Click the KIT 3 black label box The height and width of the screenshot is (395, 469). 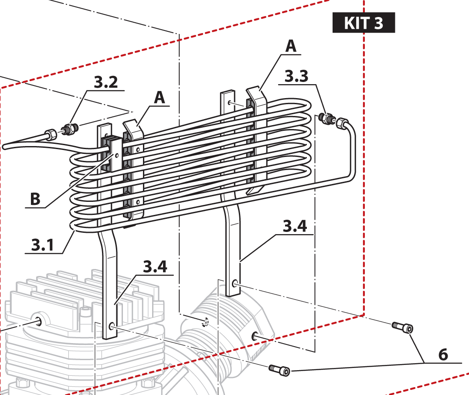tap(364, 23)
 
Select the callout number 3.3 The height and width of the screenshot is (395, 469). tap(296, 77)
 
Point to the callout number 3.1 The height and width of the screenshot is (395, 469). tap(43, 245)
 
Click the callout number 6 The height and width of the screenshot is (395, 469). tap(443, 354)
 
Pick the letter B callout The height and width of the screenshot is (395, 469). tap(35, 199)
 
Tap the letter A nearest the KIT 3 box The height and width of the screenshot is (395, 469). tap(291, 46)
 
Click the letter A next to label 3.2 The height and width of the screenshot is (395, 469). tap(160, 98)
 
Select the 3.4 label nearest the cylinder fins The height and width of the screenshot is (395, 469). tap(155, 267)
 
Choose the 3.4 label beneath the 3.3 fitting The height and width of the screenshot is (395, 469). tap(295, 226)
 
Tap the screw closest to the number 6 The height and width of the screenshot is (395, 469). tap(402, 327)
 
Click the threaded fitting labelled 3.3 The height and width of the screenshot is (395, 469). tap(325, 118)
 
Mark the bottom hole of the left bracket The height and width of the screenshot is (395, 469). tap(112, 326)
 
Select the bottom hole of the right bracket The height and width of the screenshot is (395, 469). tap(235, 285)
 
